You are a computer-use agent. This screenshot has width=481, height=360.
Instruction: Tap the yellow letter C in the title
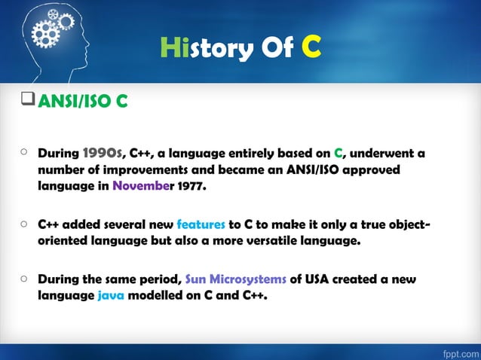pos(312,47)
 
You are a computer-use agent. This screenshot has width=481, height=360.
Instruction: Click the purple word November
pos(142,186)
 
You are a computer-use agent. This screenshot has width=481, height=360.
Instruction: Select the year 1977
pos(189,186)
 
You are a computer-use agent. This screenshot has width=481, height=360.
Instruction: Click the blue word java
pos(111,295)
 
